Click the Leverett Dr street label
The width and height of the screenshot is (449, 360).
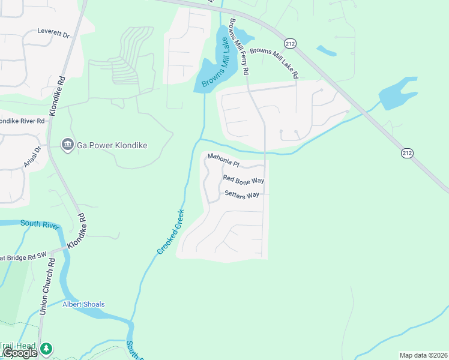click(x=53, y=32)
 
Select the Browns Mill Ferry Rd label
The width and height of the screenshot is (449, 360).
click(x=238, y=46)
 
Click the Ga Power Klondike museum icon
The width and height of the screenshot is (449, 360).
click(x=67, y=145)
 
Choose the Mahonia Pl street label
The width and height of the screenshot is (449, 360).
click(x=223, y=160)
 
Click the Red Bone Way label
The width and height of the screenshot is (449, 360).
click(x=243, y=179)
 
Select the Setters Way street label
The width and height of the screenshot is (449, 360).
click(x=241, y=194)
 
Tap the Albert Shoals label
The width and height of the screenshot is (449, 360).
click(x=83, y=304)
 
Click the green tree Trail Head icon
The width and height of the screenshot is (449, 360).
click(x=46, y=348)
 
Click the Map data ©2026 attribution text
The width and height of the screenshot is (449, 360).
click(x=423, y=355)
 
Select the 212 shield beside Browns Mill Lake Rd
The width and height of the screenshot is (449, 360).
click(x=291, y=43)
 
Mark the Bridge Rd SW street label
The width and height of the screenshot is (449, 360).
click(x=23, y=257)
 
